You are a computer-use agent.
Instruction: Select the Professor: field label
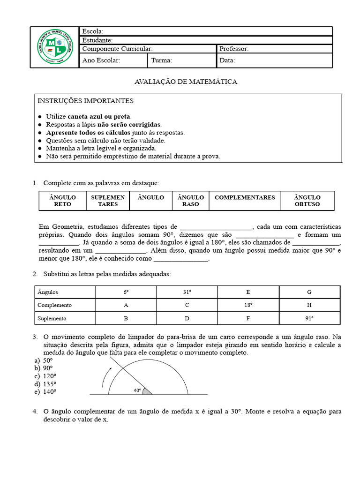pos(234,49)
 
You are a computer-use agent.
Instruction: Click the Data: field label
pos(227,60)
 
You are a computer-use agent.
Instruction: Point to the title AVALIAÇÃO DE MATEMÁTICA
pos(186,82)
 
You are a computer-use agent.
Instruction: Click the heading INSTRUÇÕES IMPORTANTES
pos(85,101)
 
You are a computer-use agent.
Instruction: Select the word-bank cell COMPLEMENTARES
pos(245,197)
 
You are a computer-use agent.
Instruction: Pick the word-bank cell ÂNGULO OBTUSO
pos(307,201)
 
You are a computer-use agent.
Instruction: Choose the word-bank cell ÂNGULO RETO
pos(62,201)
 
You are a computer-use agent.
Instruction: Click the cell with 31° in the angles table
pos(187,292)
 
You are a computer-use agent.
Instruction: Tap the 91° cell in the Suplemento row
pos(309,318)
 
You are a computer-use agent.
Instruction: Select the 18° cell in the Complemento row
pos(248,305)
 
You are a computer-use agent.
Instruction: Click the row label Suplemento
pos(52,318)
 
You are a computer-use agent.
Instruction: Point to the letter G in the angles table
pos(309,292)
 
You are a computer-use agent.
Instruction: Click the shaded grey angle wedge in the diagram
pos(147,391)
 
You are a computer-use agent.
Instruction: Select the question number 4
pos(35,411)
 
